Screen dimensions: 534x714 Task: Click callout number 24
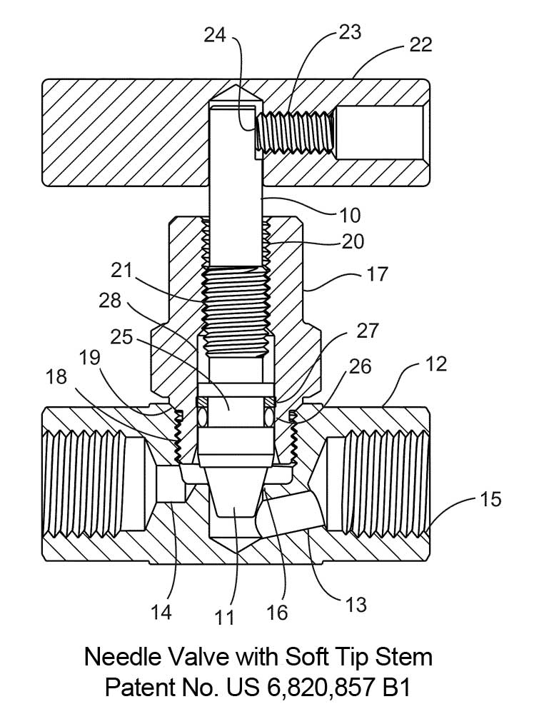click(x=215, y=34)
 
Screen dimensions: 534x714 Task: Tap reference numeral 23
click(x=350, y=32)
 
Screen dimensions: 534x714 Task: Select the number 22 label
click(x=420, y=44)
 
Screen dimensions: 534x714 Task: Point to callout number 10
click(x=350, y=216)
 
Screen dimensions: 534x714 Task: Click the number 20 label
click(x=353, y=241)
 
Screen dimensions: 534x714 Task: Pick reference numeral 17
click(x=377, y=274)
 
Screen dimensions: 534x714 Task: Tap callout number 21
click(x=121, y=271)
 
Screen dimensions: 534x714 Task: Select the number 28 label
click(x=110, y=301)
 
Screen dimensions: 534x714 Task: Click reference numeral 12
click(x=435, y=364)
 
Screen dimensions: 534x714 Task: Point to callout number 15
click(x=490, y=500)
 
